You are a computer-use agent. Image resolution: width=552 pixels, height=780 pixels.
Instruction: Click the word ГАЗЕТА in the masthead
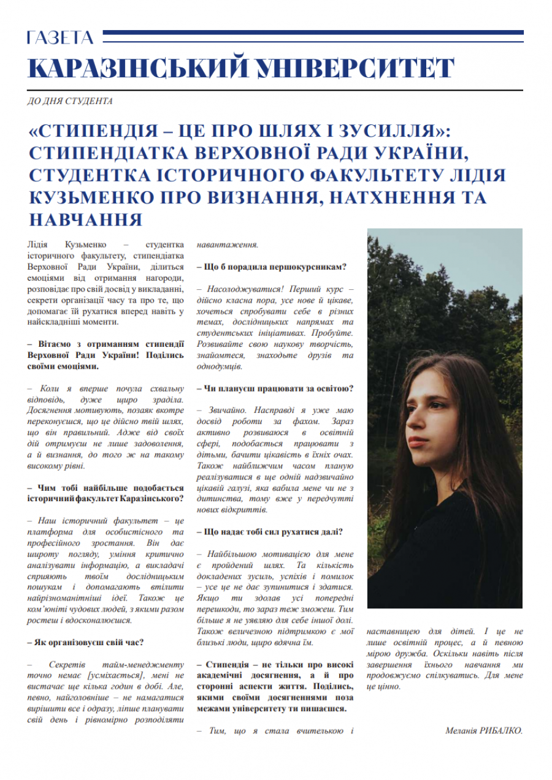click(60, 39)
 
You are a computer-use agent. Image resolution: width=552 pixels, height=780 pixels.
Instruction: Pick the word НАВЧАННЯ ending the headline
click(85, 219)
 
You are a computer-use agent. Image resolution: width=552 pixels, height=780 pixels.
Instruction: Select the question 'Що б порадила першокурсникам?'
click(272, 267)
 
